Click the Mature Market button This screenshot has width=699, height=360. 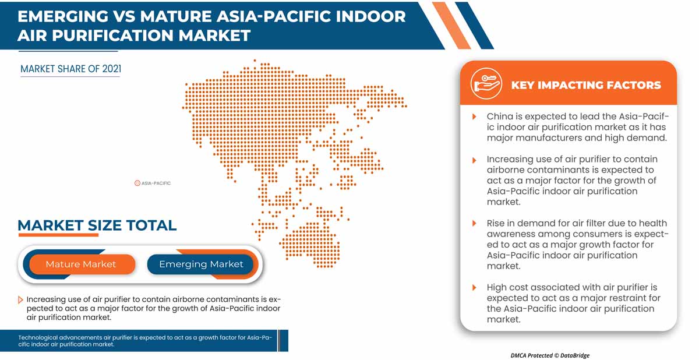coord(81,264)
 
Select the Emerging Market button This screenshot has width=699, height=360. coord(201,264)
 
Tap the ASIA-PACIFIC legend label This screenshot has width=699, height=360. coord(156,183)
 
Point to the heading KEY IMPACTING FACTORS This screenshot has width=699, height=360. coord(585,85)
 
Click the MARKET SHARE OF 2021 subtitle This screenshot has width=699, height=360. coord(70,69)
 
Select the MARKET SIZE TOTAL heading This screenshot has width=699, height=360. coord(97,225)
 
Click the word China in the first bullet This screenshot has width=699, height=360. coord(499,117)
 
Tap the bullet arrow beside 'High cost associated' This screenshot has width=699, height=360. coord(474,288)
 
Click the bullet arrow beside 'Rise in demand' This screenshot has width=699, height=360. coord(474,224)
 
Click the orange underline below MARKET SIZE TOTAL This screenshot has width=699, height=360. coord(58,235)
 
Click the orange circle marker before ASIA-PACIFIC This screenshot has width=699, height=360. coord(137,183)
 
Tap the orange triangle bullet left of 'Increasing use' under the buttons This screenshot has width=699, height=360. coord(21,299)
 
